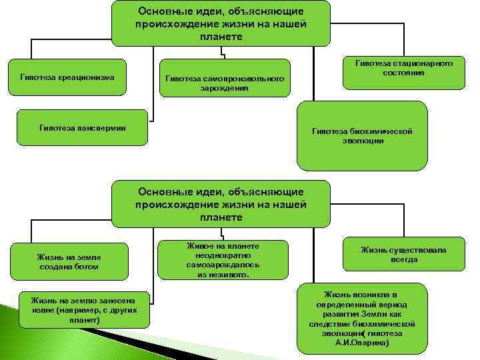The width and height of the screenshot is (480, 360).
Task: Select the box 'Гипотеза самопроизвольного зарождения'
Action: (x=224, y=83)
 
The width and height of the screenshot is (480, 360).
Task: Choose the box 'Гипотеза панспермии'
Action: (x=83, y=126)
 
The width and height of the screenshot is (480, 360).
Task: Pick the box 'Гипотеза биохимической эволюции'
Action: (x=362, y=136)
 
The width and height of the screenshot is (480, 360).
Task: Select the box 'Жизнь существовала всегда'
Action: (x=403, y=255)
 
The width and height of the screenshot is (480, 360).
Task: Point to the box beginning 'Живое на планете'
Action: (x=223, y=259)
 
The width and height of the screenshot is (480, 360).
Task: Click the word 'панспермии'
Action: (x=102, y=126)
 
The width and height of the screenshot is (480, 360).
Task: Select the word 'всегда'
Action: (x=404, y=259)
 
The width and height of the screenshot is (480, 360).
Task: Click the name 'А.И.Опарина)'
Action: (x=363, y=342)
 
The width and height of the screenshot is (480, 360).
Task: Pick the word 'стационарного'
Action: (x=426, y=63)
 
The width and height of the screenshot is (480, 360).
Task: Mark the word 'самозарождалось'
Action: (x=223, y=265)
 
